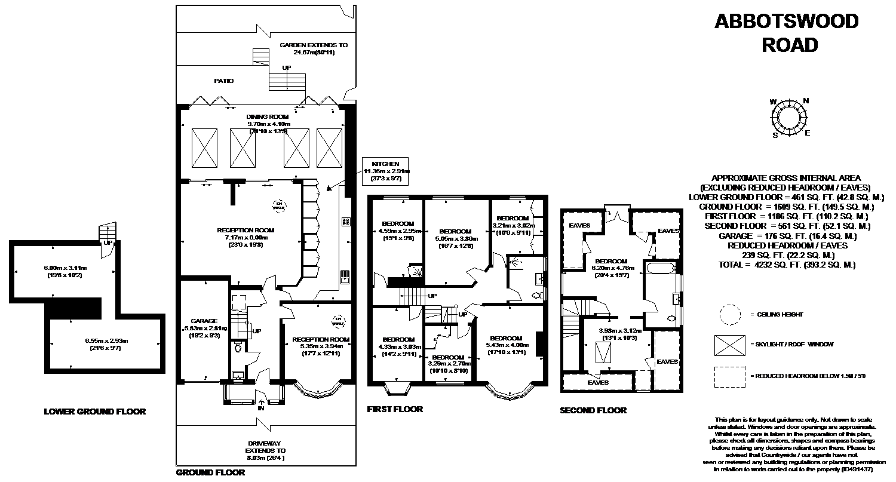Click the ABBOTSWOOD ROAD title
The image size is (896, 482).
pyautogui.click(x=786, y=33)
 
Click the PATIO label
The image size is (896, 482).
pyautogui.click(x=224, y=81)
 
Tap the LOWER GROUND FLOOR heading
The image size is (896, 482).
pyautogui.click(x=94, y=412)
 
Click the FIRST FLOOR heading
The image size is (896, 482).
pyautogui.click(x=395, y=409)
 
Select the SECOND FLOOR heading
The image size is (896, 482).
pyautogui.click(x=593, y=410)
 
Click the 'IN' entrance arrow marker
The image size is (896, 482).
pyautogui.click(x=260, y=406)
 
